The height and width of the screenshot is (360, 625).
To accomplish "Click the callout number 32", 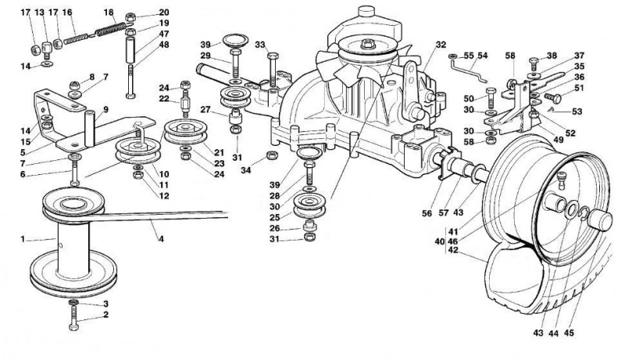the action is point(441,45).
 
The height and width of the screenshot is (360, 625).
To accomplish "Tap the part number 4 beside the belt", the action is point(161,239).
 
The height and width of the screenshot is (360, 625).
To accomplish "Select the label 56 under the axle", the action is point(427,213).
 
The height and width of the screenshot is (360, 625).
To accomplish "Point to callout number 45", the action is point(569,333).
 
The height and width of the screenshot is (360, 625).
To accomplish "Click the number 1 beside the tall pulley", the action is point(23,239).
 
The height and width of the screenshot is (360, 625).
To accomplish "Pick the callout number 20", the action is point(164,12).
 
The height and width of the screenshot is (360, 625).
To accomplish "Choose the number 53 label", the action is point(577,112).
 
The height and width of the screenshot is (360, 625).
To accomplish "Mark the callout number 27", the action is point(205,110).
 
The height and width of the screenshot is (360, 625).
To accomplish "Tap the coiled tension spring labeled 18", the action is point(111,29).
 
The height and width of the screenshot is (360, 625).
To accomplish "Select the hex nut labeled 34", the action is point(272,155).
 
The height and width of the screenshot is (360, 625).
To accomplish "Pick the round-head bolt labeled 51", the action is point(553,98).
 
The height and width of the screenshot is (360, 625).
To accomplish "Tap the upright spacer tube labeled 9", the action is point(89,129).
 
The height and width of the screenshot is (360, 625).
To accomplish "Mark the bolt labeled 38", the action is point(534,64).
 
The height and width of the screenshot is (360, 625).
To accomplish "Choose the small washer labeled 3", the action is point(73,303).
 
